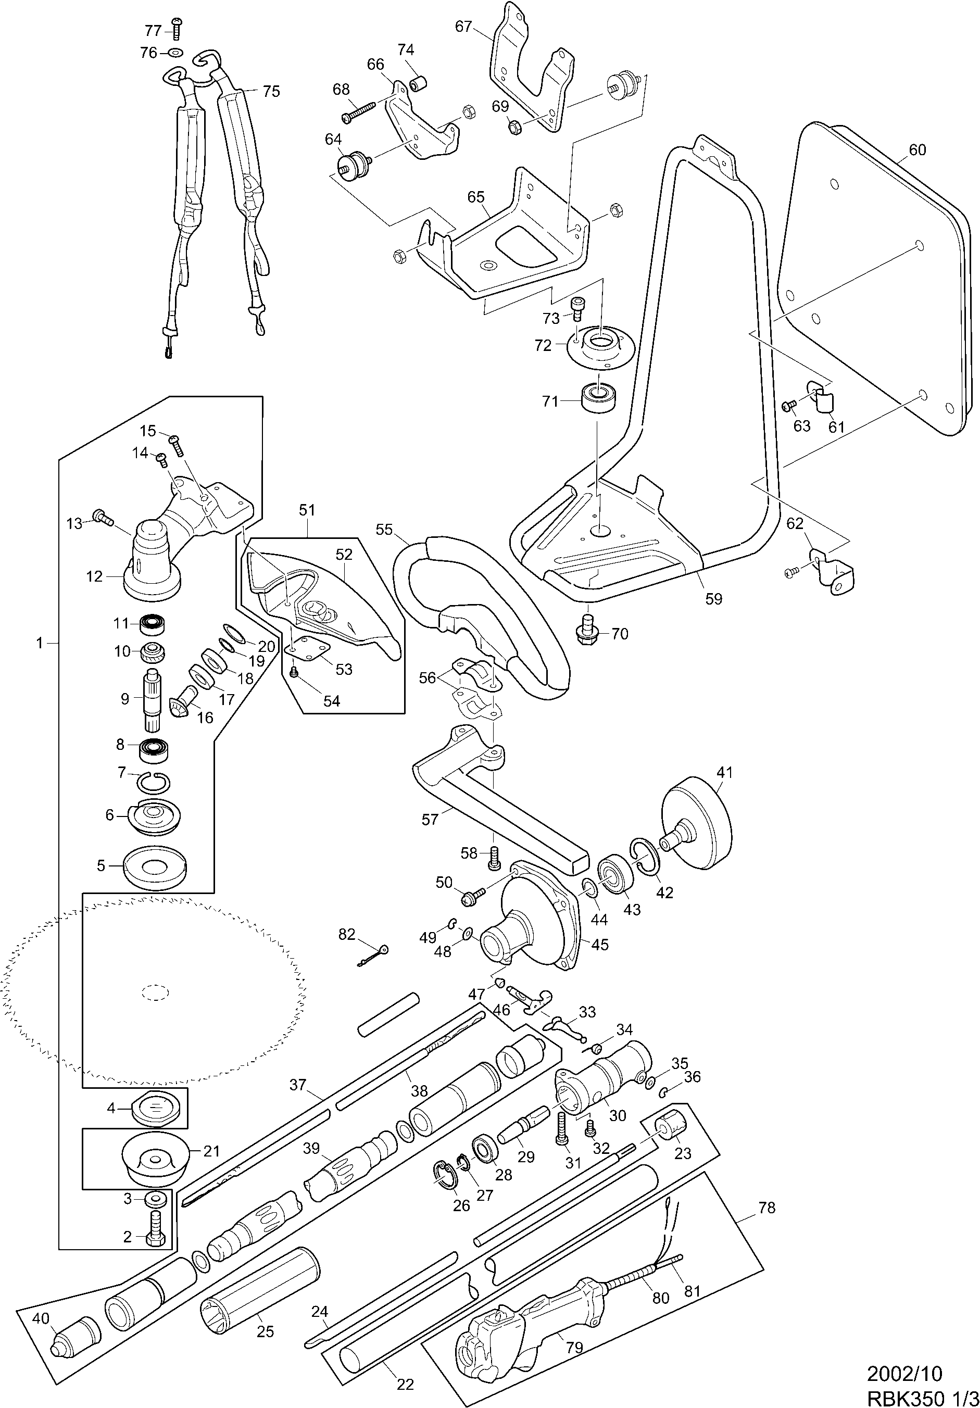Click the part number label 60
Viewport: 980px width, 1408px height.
coord(917,149)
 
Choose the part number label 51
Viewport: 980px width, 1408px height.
coord(307,510)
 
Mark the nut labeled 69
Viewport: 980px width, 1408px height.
coord(515,127)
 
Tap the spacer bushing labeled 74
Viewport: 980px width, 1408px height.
coord(420,83)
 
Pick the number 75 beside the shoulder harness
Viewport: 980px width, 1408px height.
coord(271,91)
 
